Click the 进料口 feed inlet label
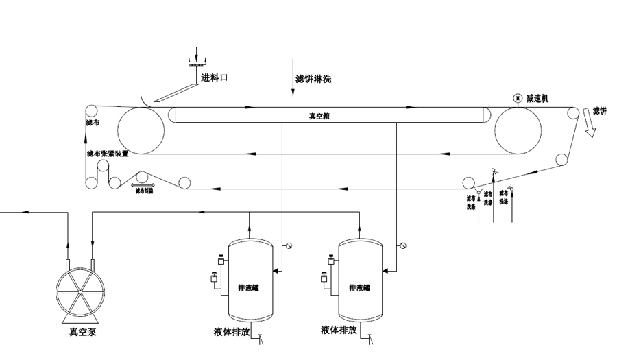(215, 78)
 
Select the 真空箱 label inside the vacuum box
(319, 116)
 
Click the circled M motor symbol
(517, 98)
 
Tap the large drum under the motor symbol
(517, 130)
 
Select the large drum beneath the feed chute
(141, 130)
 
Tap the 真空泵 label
(83, 333)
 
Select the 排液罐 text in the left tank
(249, 288)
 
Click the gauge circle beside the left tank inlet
(289, 245)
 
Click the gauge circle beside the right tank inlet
(402, 245)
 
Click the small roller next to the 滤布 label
(91, 112)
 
